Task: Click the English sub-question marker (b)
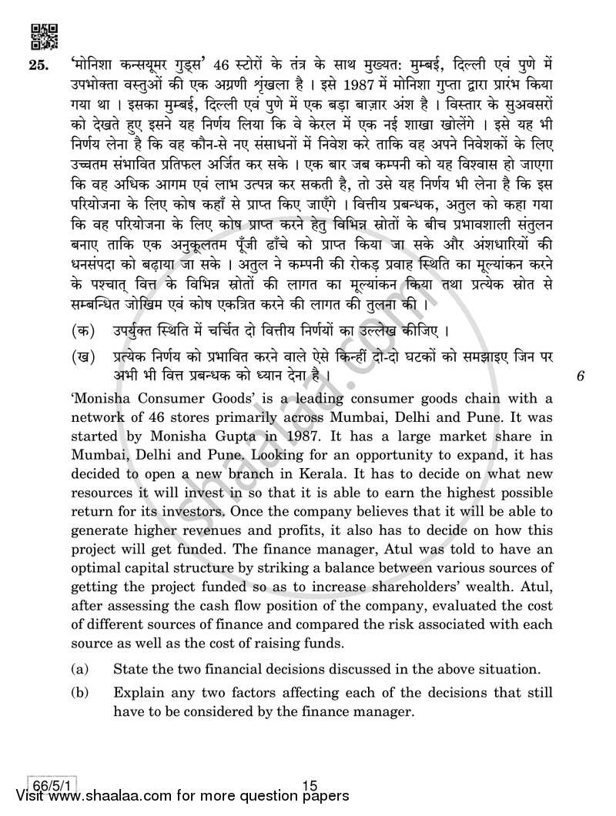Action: pyautogui.click(x=80, y=693)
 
